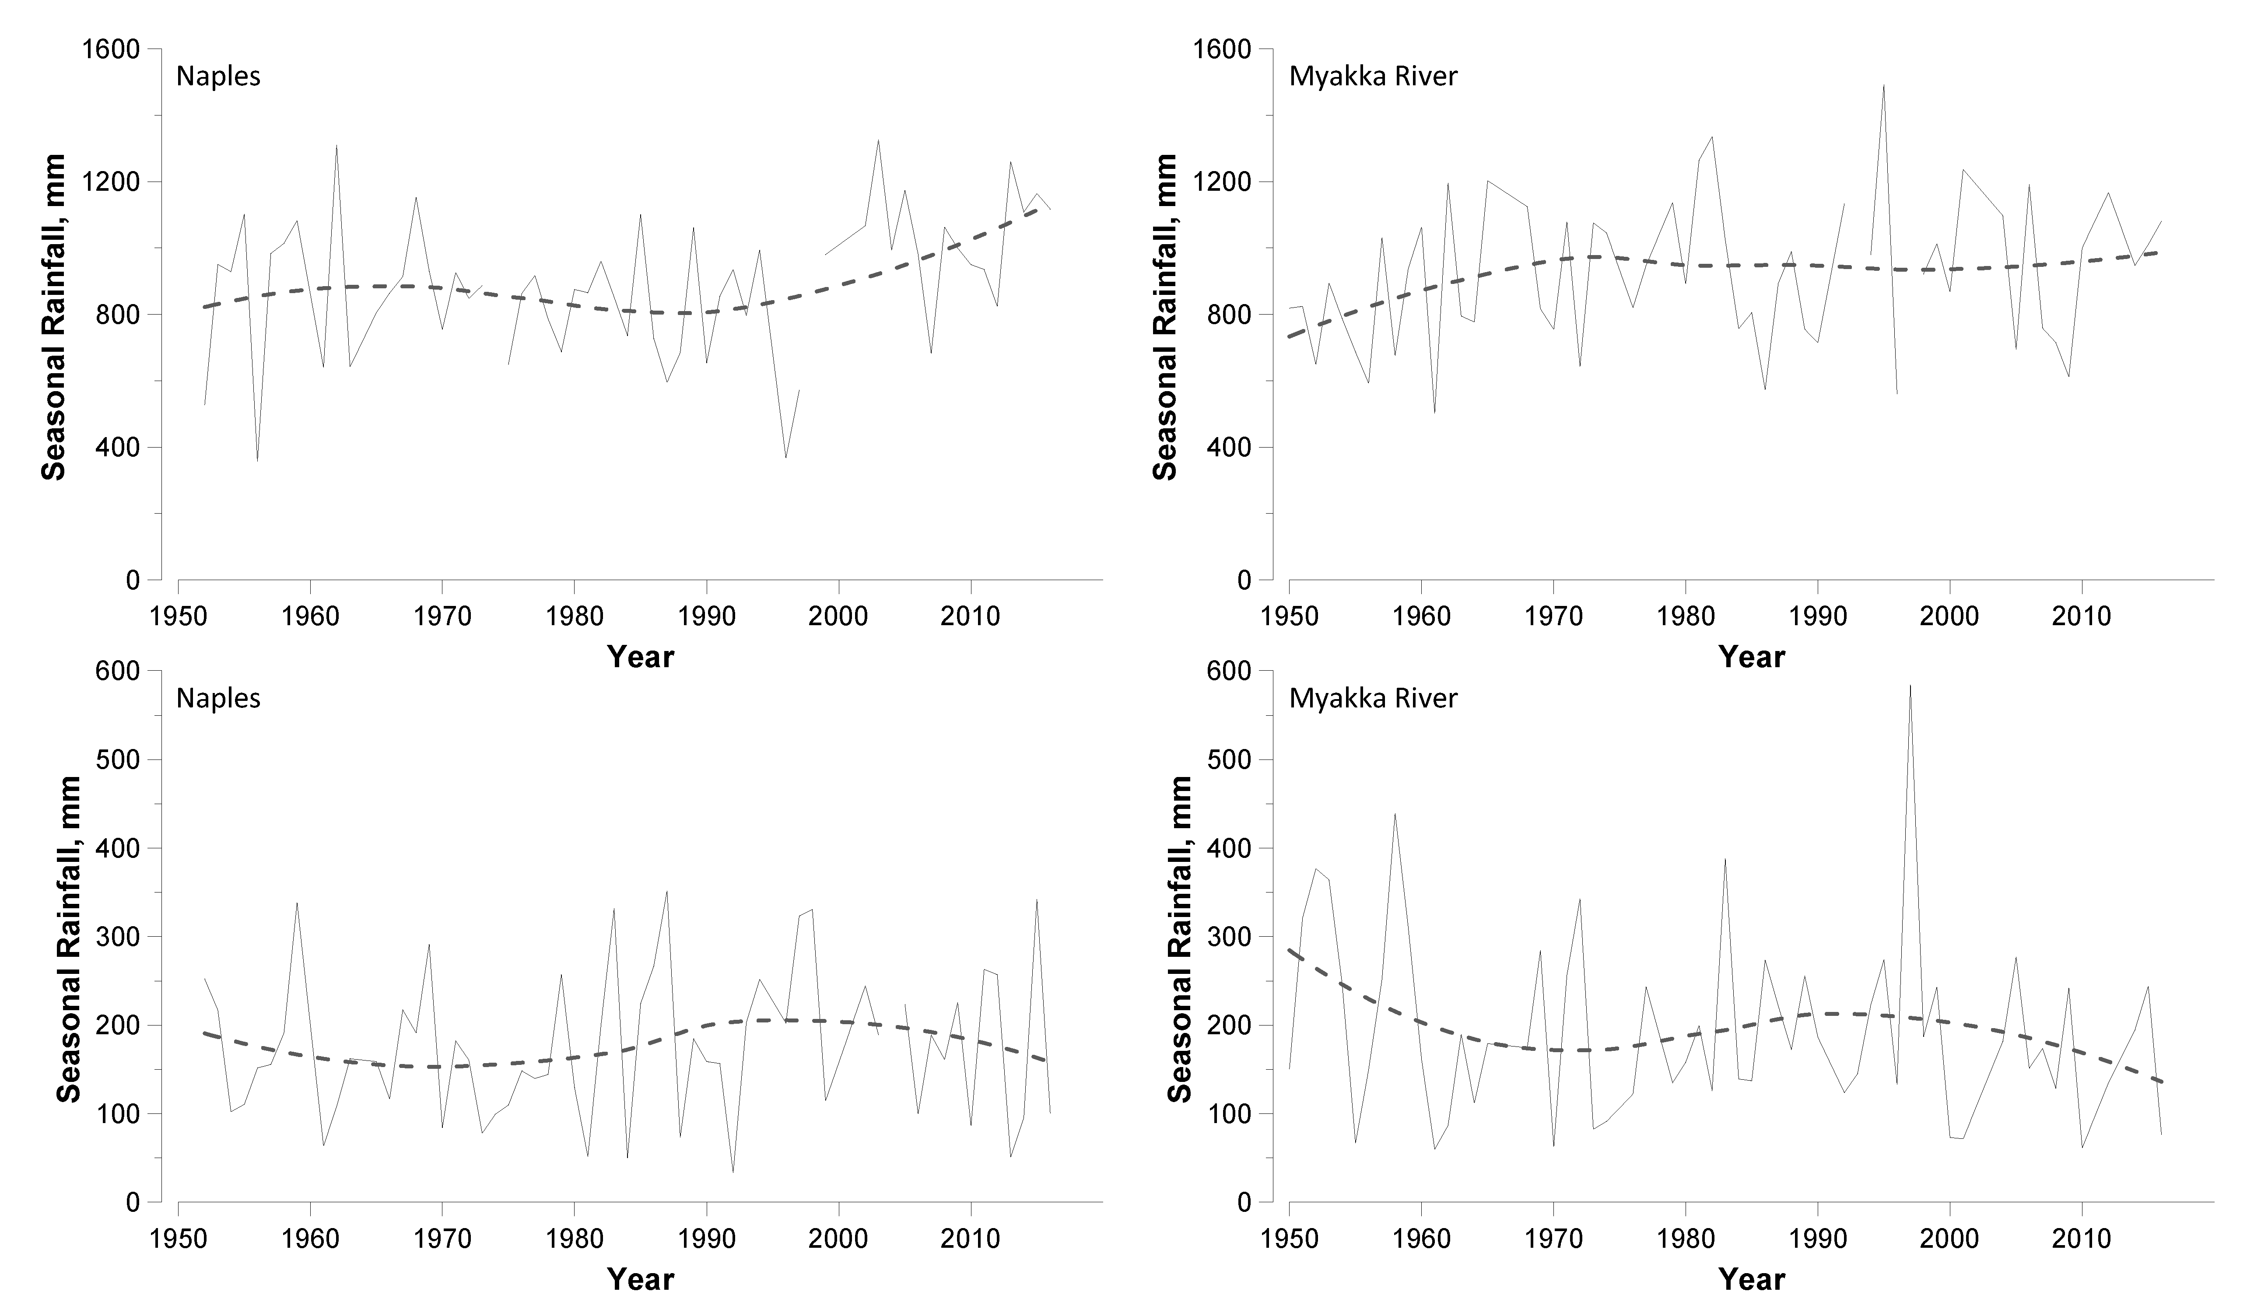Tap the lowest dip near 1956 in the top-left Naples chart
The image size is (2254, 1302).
click(x=258, y=460)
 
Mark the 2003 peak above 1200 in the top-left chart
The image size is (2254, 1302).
click(x=877, y=140)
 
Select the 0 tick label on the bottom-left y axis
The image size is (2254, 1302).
click(x=133, y=1203)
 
